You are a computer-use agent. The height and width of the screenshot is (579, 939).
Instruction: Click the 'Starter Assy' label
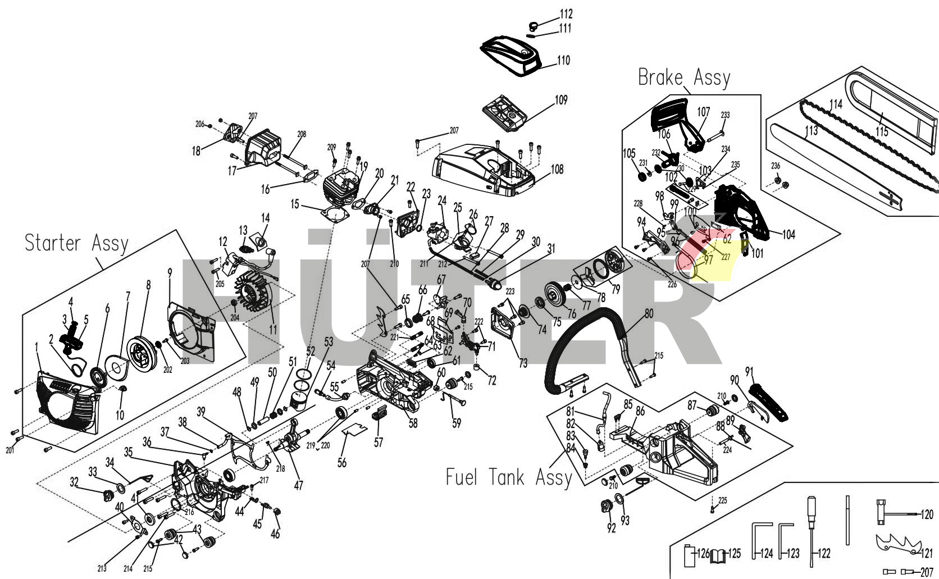click(x=76, y=243)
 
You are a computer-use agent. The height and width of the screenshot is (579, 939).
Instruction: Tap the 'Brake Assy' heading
click(x=683, y=77)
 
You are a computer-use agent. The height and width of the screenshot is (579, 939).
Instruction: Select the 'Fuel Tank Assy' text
click(x=508, y=477)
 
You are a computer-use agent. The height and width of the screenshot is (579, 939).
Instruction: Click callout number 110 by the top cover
click(x=563, y=60)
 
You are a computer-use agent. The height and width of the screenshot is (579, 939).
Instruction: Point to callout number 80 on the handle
click(x=649, y=313)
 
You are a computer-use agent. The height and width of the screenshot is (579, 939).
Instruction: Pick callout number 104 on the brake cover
click(x=788, y=234)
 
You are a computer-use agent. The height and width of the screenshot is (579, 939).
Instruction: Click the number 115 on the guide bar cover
click(x=882, y=131)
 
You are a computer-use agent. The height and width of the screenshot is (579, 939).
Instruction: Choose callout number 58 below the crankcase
click(x=413, y=422)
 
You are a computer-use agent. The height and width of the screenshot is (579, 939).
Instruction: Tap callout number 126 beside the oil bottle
click(x=703, y=553)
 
